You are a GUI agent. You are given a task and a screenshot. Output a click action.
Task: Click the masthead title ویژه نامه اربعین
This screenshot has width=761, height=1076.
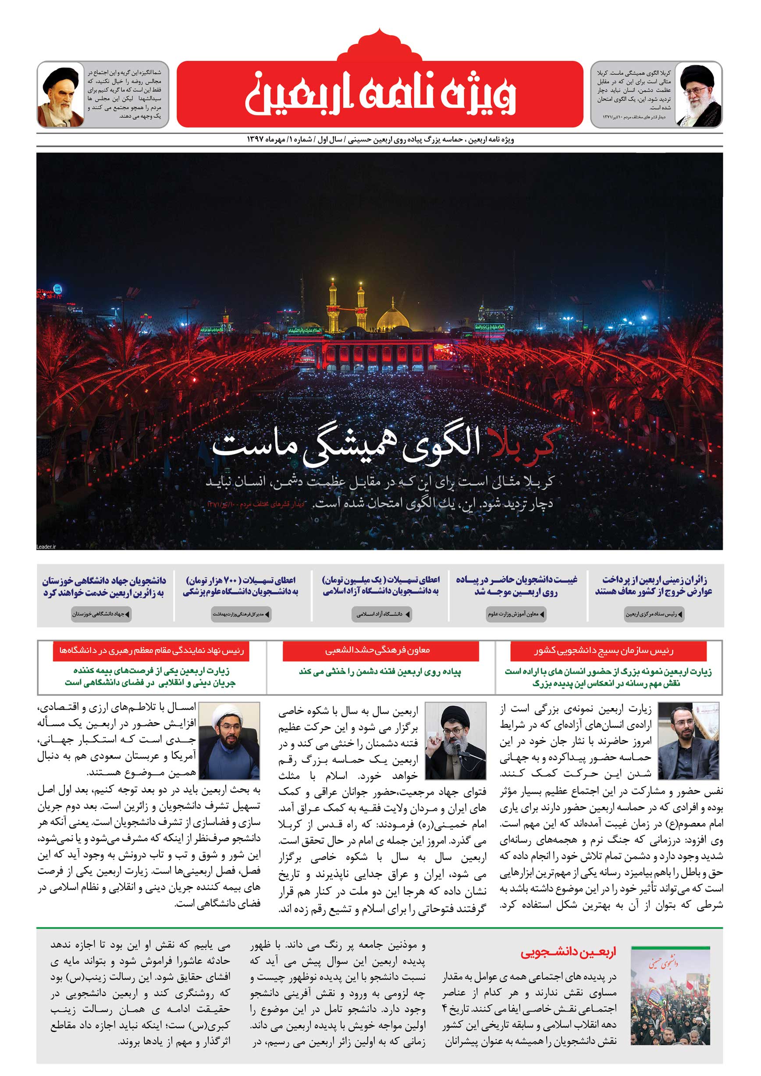tap(380, 95)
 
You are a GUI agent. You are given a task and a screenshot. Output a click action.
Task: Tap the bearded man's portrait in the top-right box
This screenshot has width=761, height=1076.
tap(699, 95)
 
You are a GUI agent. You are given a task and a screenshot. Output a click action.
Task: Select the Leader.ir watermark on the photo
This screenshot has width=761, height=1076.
tap(46, 546)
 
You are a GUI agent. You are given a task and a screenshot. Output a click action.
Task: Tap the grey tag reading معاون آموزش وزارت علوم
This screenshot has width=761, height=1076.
tap(516, 614)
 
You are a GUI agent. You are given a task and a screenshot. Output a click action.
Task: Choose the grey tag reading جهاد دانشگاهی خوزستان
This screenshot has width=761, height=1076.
tap(101, 614)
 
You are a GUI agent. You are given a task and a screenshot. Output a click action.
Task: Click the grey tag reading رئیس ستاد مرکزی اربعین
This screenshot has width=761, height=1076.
tap(654, 614)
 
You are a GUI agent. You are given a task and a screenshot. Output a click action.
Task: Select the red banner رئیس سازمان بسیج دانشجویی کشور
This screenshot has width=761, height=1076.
tap(608, 651)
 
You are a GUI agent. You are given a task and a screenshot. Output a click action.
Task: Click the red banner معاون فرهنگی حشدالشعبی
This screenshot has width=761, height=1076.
tap(380, 651)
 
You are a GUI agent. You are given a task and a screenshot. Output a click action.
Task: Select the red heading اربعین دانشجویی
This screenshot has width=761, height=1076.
tap(568, 953)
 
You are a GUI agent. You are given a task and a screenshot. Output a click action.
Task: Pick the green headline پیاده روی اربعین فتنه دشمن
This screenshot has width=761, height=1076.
tap(380, 672)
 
